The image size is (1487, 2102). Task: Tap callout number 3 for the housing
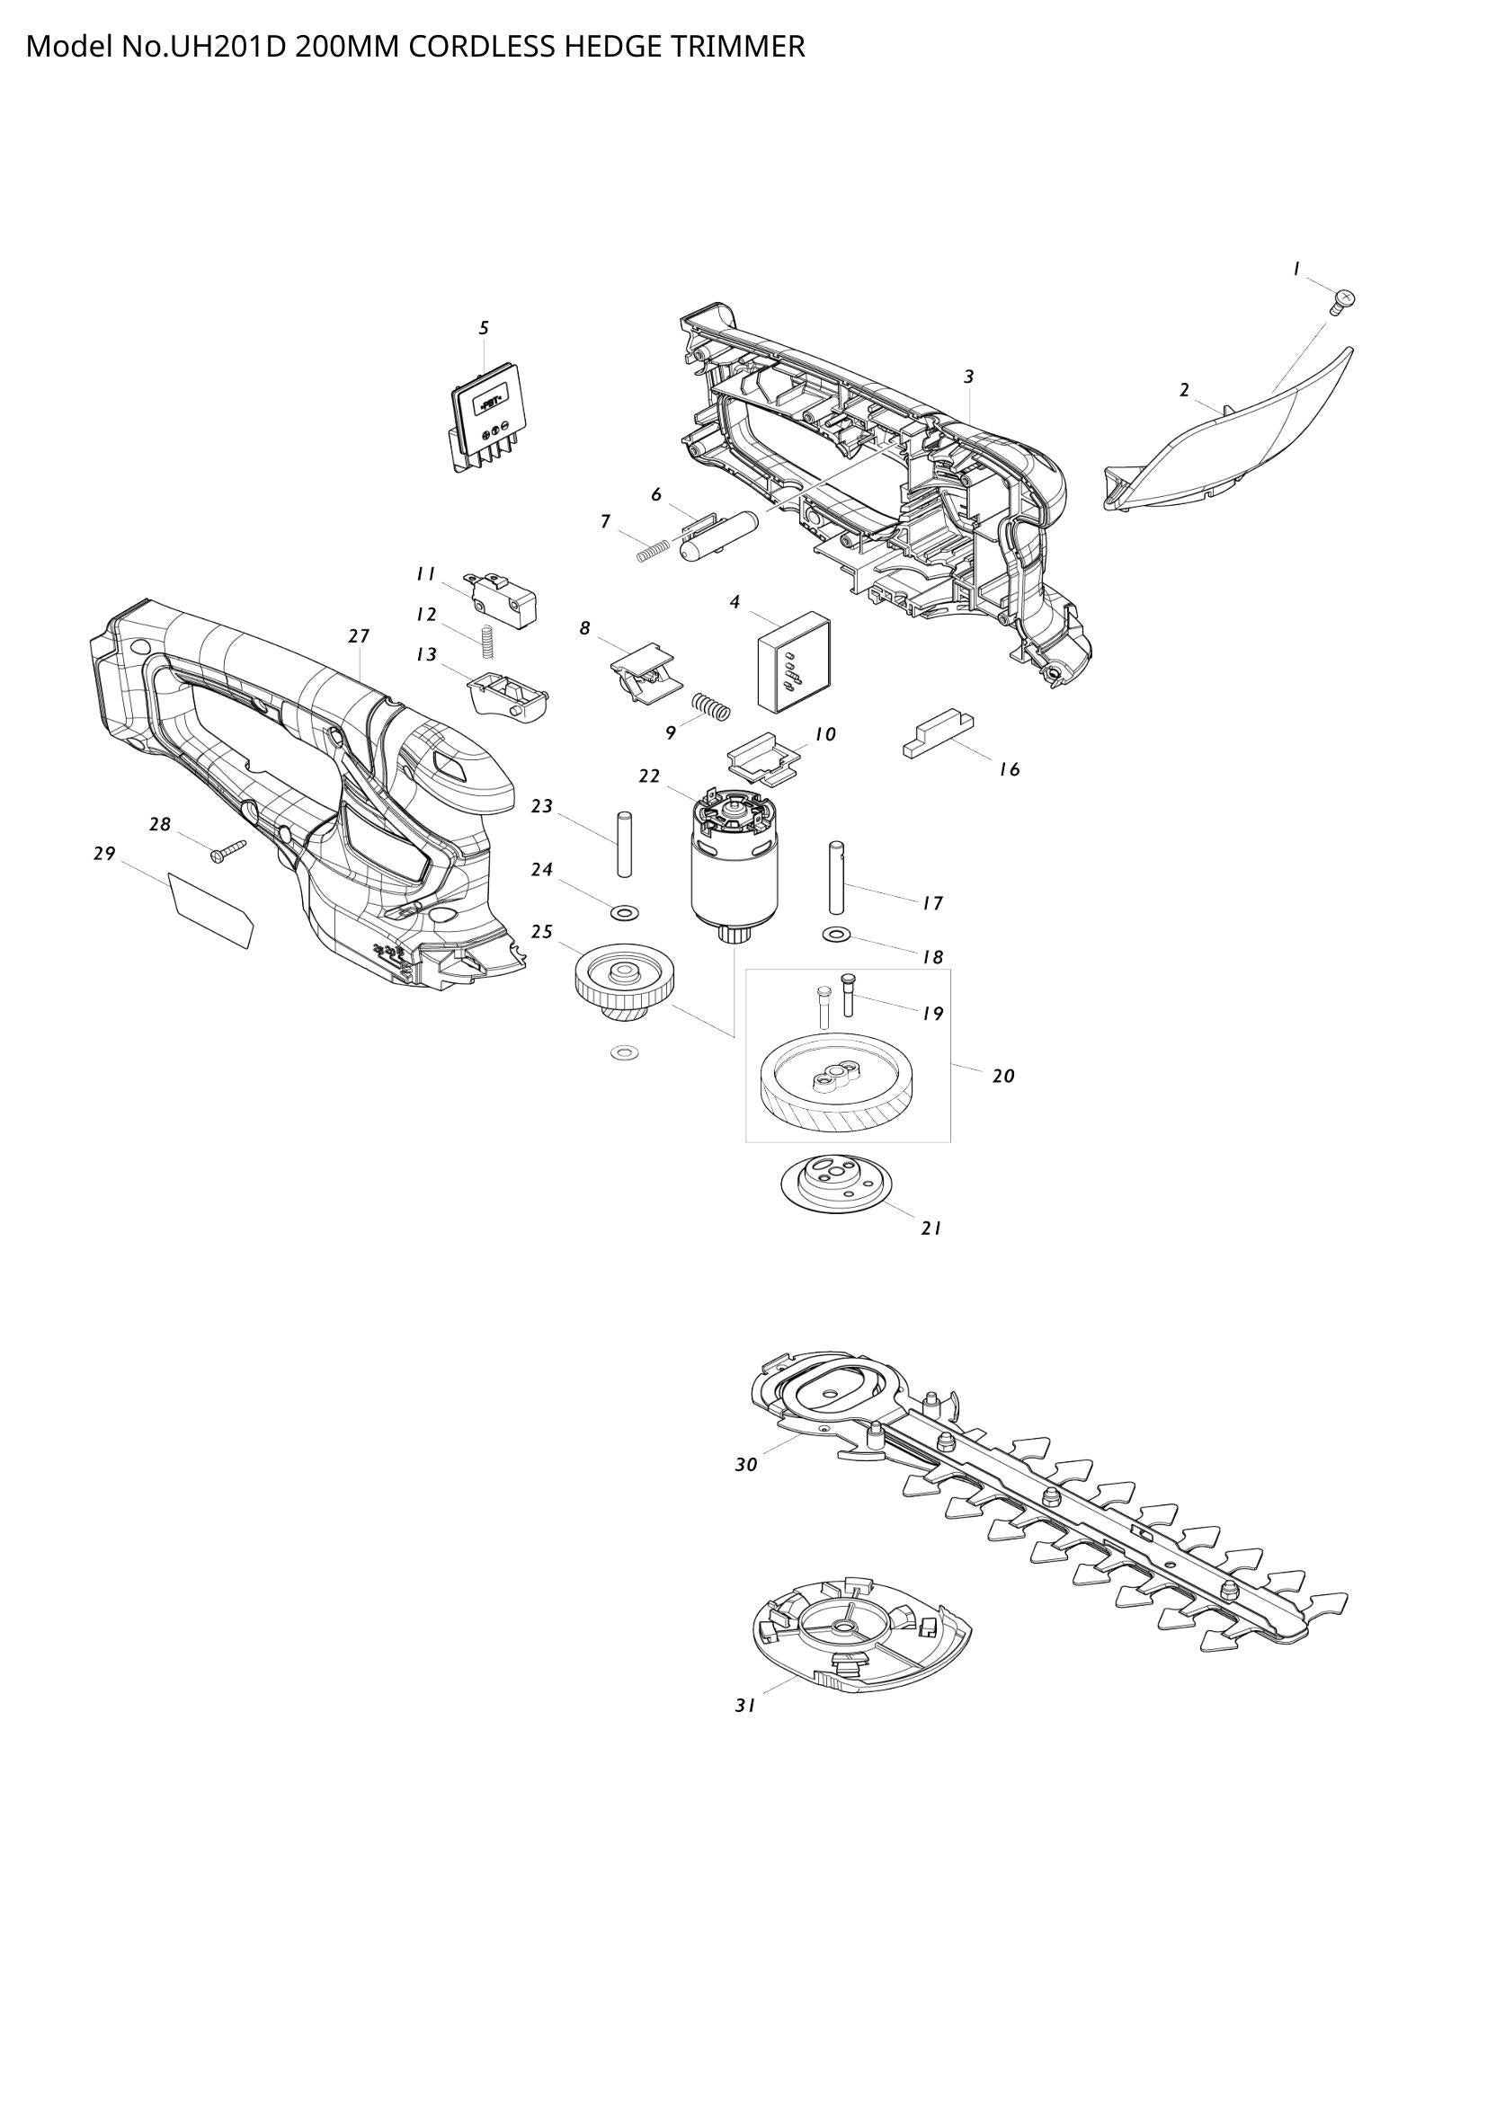click(969, 377)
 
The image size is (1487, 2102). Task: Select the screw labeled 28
click(227, 851)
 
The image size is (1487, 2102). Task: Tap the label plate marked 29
click(212, 908)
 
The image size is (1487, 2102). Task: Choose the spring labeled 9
click(711, 705)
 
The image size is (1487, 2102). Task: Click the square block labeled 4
click(794, 662)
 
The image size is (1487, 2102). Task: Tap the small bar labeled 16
click(938, 735)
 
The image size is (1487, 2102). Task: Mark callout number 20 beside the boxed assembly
click(1003, 1076)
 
